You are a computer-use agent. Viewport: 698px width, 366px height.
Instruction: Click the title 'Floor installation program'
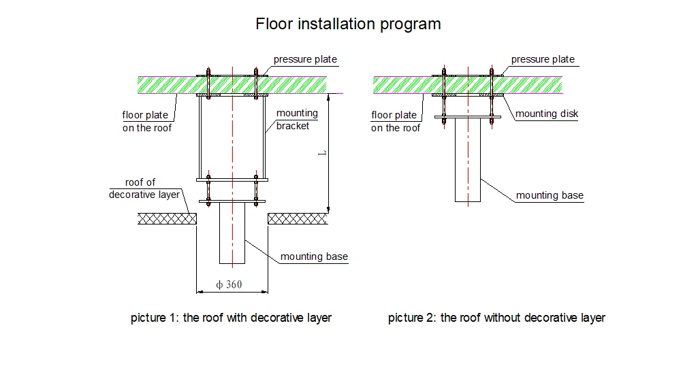[348, 24]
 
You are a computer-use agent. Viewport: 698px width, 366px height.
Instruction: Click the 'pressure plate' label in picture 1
[305, 59]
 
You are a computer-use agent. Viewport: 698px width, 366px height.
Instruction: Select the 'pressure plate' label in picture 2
[543, 59]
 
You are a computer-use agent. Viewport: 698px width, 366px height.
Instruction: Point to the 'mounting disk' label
[546, 114]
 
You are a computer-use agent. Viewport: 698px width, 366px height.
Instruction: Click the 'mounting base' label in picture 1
[314, 256]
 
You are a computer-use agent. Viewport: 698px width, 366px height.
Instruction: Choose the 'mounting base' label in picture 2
[550, 195]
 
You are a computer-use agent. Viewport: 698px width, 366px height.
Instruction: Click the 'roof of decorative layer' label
[143, 188]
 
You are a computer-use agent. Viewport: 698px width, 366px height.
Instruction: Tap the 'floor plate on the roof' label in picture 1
[146, 121]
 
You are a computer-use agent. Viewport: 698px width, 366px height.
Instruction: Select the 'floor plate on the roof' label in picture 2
[395, 121]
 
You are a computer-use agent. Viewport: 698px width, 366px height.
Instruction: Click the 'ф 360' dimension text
[229, 284]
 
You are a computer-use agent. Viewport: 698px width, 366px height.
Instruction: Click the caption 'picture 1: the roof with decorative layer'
[231, 318]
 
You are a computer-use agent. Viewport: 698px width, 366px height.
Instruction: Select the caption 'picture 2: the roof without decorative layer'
[496, 318]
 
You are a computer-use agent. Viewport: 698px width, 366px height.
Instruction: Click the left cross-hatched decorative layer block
[168, 218]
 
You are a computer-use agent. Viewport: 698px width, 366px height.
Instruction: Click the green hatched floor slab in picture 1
[170, 84]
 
